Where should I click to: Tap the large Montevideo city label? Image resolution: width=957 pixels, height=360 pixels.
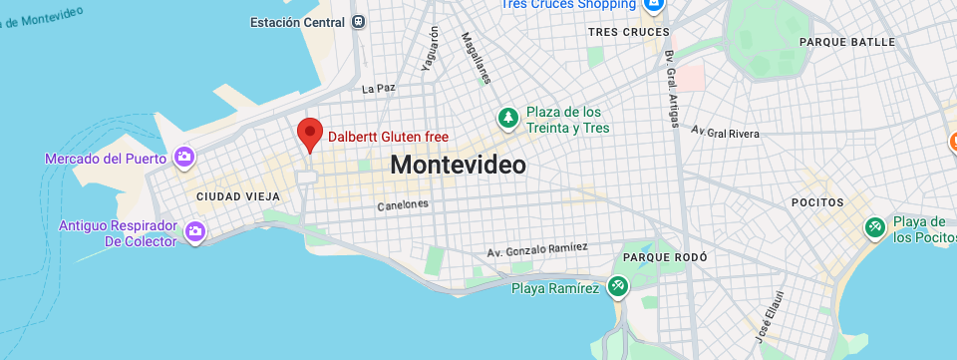[x=458, y=165]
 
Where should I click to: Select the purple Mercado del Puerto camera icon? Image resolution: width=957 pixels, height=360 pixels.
[x=183, y=157]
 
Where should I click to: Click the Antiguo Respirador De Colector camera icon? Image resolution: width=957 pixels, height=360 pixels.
[x=195, y=232]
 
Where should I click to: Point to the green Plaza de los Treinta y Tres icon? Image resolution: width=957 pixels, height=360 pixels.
[x=508, y=118]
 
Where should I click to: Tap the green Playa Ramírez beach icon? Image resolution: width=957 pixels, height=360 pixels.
[x=618, y=287]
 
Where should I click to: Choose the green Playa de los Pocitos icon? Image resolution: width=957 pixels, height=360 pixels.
[x=874, y=228]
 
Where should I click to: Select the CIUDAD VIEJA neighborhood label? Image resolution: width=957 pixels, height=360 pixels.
[x=238, y=195]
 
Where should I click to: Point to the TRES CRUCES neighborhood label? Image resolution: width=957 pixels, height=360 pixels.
[x=629, y=32]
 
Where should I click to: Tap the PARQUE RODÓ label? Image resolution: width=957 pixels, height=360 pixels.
[x=665, y=257]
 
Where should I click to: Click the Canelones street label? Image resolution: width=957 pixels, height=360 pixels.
[x=403, y=204]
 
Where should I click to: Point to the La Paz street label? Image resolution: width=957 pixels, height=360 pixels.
[x=379, y=88]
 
